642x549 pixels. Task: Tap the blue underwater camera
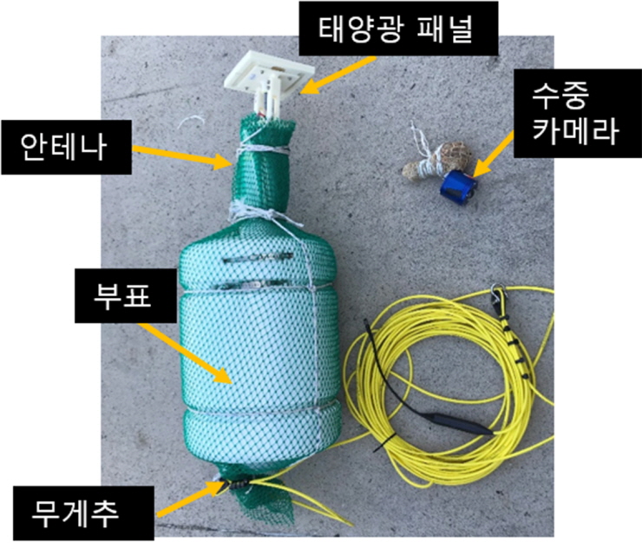tap(457, 184)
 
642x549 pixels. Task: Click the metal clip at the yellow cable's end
tap(499, 299)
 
